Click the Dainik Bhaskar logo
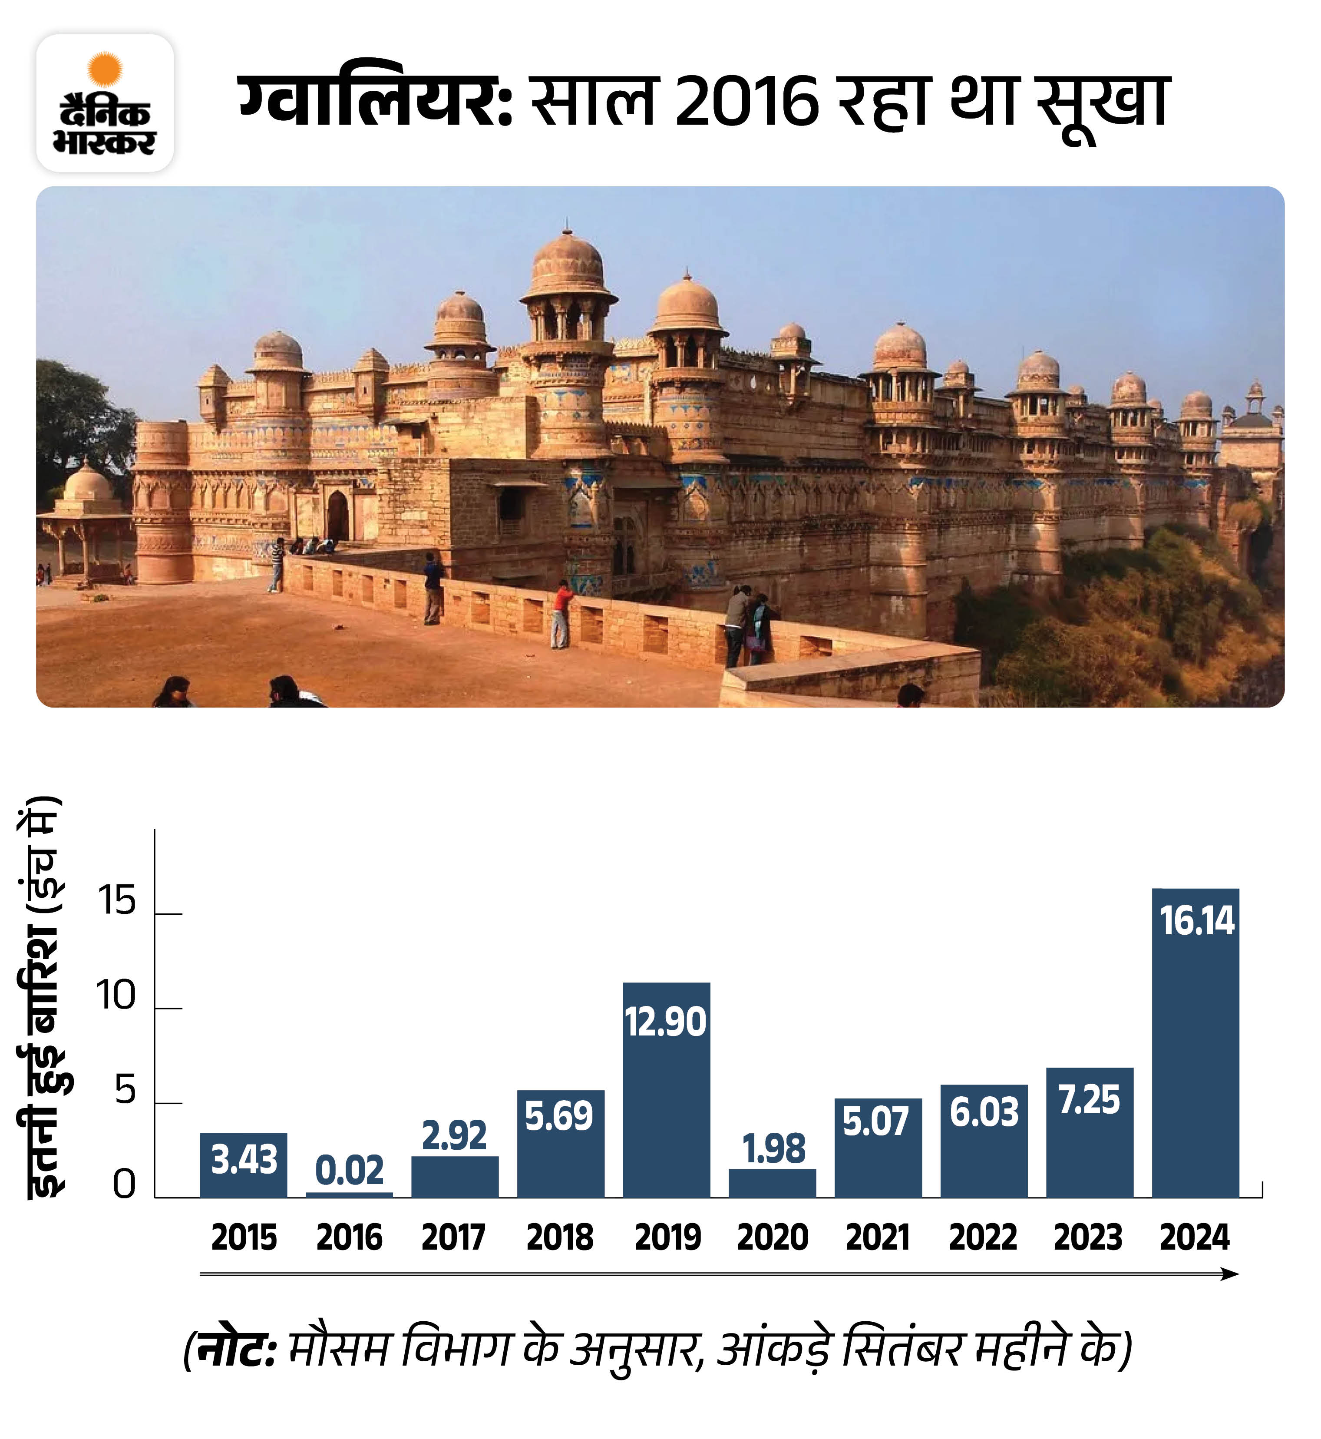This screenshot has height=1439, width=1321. click(105, 103)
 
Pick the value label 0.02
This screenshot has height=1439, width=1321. click(349, 1170)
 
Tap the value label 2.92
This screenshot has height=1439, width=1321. click(454, 1135)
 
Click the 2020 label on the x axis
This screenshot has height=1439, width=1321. click(772, 1237)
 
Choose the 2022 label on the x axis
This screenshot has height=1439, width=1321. click(983, 1237)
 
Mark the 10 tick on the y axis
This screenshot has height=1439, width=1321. click(116, 996)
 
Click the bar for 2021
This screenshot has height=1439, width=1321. click(878, 1151)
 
